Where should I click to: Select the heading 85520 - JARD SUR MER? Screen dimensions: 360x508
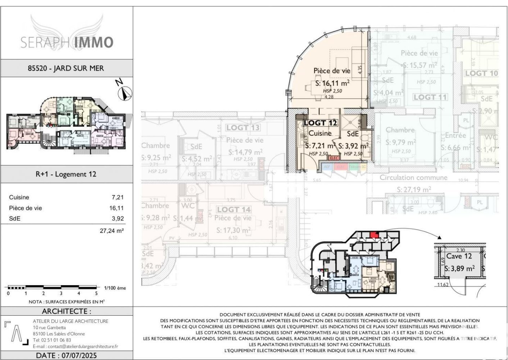click(x=66, y=68)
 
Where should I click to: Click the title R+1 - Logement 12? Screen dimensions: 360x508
click(x=66, y=174)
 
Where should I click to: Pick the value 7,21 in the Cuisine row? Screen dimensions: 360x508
click(x=117, y=197)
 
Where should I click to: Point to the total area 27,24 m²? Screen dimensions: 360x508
click(x=112, y=231)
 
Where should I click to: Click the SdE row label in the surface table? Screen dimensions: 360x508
click(x=15, y=219)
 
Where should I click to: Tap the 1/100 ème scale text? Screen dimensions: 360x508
click(x=115, y=288)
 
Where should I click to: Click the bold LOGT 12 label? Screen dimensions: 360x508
click(x=320, y=123)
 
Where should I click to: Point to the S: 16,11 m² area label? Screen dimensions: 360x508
click(x=332, y=84)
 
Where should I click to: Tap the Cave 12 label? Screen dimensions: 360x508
click(x=459, y=256)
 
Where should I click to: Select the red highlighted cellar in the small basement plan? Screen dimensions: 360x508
click(x=375, y=235)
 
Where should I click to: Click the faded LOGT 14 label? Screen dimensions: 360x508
click(x=233, y=210)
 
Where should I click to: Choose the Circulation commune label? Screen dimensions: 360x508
click(x=413, y=177)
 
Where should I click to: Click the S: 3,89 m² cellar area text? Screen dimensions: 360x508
click(x=459, y=269)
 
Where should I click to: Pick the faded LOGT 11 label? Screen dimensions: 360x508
click(x=430, y=97)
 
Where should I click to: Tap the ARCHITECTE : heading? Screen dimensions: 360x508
click(x=67, y=311)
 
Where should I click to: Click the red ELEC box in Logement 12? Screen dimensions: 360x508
click(x=334, y=158)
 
